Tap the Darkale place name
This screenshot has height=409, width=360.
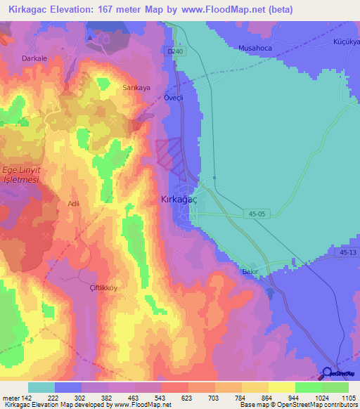click(34, 58)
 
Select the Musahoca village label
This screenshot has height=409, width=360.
click(255, 48)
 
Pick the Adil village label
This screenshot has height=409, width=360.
click(72, 203)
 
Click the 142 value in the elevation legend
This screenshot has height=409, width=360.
click(28, 398)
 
